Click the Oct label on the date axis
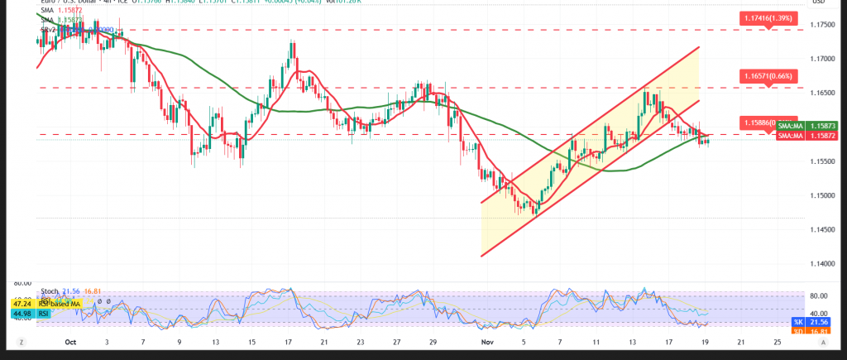[70, 341]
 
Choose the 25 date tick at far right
[777, 341]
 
